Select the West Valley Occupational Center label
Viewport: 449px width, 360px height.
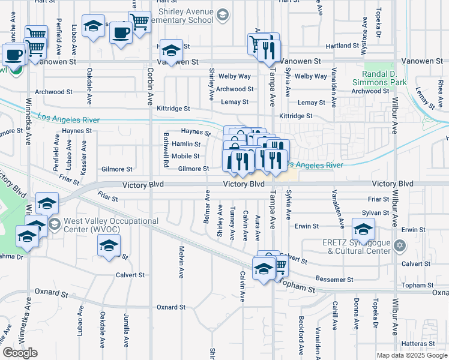point(111,224)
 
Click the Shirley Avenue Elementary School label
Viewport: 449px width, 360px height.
point(185,16)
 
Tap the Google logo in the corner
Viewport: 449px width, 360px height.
point(20,353)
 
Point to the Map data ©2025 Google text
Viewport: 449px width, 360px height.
point(411,355)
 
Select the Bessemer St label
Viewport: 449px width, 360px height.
point(334,280)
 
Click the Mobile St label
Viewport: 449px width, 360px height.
point(185,156)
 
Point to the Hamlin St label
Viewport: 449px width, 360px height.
point(186,144)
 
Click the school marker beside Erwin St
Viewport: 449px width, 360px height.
point(363,229)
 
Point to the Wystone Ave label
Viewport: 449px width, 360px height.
point(364,27)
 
